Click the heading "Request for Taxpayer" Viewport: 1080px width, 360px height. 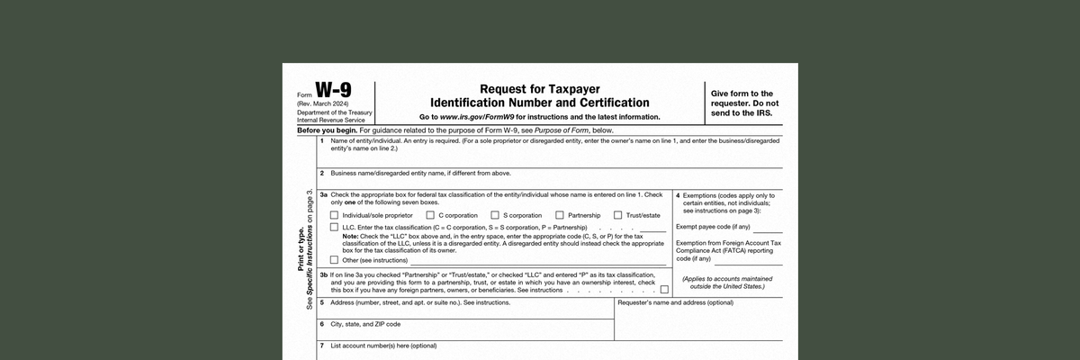(539, 89)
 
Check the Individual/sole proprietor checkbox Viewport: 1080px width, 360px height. (334, 215)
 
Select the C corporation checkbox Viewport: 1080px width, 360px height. (430, 215)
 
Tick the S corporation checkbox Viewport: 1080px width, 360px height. (495, 215)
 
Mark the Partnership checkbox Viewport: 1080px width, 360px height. (560, 215)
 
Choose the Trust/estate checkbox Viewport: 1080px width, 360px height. (617, 215)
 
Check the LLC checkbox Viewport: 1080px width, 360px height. (334, 229)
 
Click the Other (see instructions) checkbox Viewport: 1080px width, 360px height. (334, 260)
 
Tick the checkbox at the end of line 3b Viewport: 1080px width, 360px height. (664, 290)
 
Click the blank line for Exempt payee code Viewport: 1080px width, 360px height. (761, 229)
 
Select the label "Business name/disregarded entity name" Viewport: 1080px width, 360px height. (420, 173)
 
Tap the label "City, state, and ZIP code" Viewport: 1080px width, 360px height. (365, 324)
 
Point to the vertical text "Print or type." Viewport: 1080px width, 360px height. (301, 250)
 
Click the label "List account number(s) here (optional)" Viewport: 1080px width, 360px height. (383, 346)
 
